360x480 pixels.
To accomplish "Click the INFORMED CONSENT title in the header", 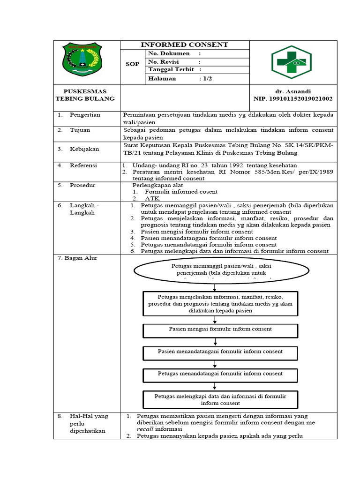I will (x=185, y=45).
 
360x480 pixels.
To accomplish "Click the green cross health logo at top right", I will (x=291, y=62).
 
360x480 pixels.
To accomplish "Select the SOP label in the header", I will (x=133, y=64).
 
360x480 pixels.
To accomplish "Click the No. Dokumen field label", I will (x=169, y=53).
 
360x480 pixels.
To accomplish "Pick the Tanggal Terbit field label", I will (x=171, y=70).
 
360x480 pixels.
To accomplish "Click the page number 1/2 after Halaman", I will (x=207, y=78).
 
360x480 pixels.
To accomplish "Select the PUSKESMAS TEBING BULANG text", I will (x=85, y=95).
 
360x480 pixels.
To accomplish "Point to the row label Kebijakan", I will (x=84, y=149).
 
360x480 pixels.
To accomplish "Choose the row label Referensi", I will (x=84, y=165).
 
